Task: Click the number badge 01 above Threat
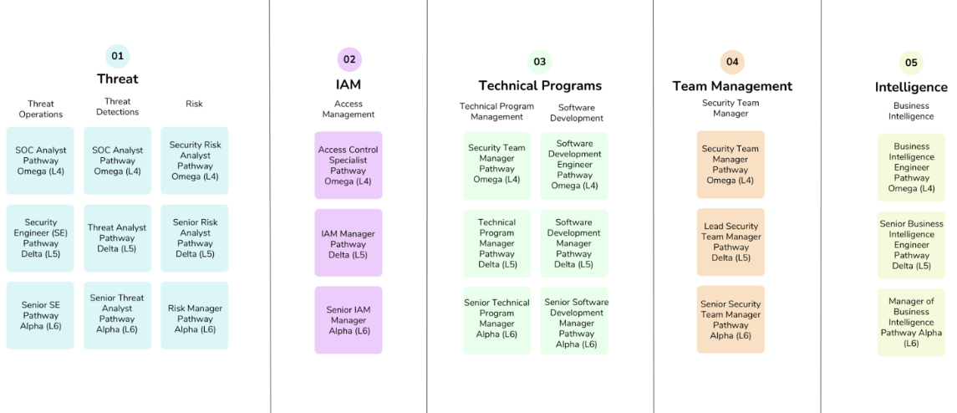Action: click(117, 57)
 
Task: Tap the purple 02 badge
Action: click(349, 59)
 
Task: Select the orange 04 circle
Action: click(732, 61)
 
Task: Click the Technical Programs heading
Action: click(540, 85)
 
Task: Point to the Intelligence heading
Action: click(911, 87)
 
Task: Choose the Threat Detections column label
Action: click(117, 106)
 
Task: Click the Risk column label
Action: click(194, 104)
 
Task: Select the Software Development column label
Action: click(577, 112)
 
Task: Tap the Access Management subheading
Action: click(349, 109)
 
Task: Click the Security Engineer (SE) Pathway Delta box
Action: click(40, 238)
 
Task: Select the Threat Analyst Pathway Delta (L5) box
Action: click(117, 238)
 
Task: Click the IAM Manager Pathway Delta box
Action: click(348, 244)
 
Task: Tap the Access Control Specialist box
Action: click(348, 165)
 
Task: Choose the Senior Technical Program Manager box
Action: click(496, 319)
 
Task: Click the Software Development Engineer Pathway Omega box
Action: click(574, 165)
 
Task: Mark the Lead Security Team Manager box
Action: click(731, 242)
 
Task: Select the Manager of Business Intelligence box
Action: click(911, 322)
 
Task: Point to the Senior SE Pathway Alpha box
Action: click(40, 316)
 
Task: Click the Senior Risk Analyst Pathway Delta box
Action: click(195, 238)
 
